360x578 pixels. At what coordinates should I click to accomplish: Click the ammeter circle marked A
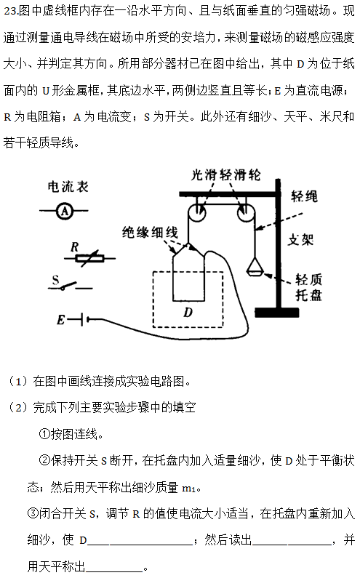[65, 212]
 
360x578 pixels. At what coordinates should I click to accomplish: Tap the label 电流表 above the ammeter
[68, 187]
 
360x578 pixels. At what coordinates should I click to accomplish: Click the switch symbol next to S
[70, 286]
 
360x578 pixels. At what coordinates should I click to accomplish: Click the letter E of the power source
[61, 320]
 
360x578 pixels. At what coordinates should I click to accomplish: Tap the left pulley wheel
[196, 213]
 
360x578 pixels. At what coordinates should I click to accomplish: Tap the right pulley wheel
[246, 213]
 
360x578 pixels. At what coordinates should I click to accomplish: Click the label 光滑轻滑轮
[225, 174]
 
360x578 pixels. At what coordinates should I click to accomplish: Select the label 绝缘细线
[150, 232]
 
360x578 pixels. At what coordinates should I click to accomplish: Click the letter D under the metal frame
[188, 313]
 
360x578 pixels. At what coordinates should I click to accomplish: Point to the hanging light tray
[255, 268]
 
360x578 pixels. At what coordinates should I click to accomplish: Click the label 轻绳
[304, 196]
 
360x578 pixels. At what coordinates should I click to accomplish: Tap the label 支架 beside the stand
[300, 240]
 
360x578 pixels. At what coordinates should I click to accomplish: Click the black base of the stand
[277, 313]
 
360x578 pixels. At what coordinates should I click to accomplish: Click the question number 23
[10, 11]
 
